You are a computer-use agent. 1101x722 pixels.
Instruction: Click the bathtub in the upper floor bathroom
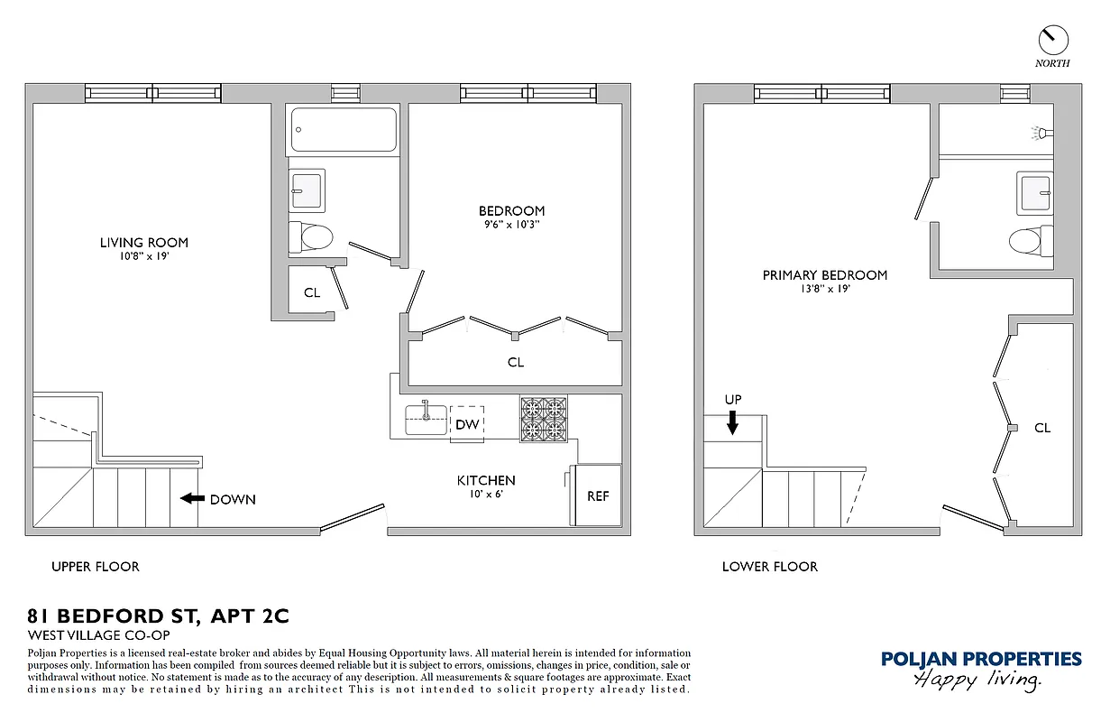pyautogui.click(x=344, y=130)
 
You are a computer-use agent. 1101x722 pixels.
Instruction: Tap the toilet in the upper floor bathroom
pyautogui.click(x=312, y=237)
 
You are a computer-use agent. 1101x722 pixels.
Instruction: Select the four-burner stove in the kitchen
pyautogui.click(x=543, y=419)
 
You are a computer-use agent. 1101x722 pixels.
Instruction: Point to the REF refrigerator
pyautogui.click(x=597, y=495)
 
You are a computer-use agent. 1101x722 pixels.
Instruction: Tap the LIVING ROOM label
pyautogui.click(x=144, y=242)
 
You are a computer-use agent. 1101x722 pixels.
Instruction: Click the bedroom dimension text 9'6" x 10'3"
pyautogui.click(x=512, y=224)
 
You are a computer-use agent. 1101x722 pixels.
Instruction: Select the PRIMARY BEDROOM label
pyautogui.click(x=824, y=275)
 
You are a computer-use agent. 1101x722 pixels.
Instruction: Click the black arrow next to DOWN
pyautogui.click(x=190, y=498)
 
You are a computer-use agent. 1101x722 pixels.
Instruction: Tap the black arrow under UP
pyautogui.click(x=733, y=421)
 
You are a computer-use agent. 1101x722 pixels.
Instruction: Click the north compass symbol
pyautogui.click(x=1052, y=39)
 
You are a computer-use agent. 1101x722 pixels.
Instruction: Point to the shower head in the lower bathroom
pyautogui.click(x=1041, y=133)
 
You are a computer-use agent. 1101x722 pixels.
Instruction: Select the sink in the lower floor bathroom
pyautogui.click(x=1035, y=192)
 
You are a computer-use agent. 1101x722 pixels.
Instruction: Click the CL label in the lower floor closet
pyautogui.click(x=1042, y=428)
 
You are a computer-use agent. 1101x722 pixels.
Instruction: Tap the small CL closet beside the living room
pyautogui.click(x=312, y=292)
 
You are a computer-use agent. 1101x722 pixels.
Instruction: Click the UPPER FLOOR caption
pyautogui.click(x=96, y=567)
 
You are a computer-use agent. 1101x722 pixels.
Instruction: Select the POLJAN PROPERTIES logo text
pyautogui.click(x=981, y=659)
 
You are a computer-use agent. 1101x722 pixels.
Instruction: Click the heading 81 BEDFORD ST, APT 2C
pyautogui.click(x=159, y=616)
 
